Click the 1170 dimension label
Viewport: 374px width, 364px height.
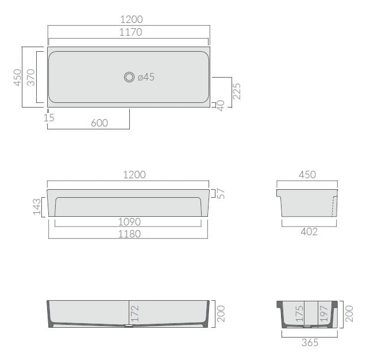pos(131,32)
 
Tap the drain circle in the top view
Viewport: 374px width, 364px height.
pos(129,77)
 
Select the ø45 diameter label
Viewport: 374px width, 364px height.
pos(146,77)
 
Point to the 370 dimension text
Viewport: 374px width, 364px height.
pos(31,77)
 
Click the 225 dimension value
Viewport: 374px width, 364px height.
pos(237,91)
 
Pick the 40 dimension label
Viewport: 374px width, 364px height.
pos(221,105)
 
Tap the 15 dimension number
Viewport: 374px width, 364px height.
pos(49,118)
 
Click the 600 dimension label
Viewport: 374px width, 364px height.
pos(99,123)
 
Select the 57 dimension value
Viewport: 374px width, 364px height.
pos(221,194)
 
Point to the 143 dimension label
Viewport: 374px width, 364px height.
pos(37,206)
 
